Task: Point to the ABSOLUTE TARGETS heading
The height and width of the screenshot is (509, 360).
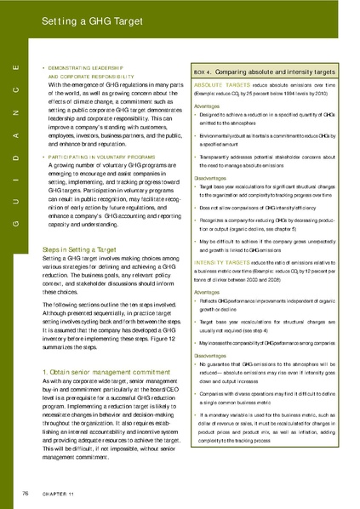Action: [x=221, y=86]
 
